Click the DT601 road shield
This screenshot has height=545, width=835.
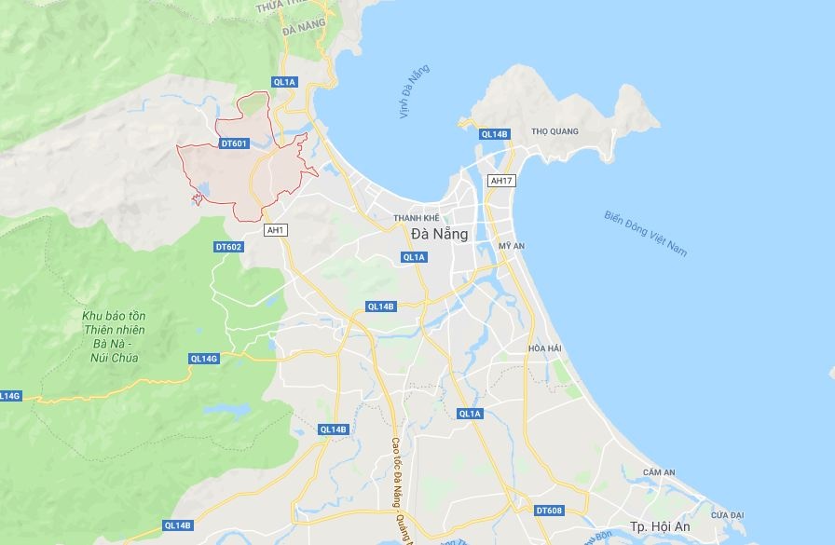(x=233, y=143)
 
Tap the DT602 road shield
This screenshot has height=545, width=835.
(x=228, y=247)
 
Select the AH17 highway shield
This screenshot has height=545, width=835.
(x=500, y=180)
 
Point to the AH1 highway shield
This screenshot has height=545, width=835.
(x=275, y=230)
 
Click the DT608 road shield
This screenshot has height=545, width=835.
(x=549, y=511)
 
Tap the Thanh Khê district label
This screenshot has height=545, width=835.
(x=416, y=217)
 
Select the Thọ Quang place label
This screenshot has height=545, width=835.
(x=554, y=131)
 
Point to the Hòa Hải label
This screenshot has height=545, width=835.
(x=545, y=348)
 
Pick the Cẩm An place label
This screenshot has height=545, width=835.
(x=658, y=472)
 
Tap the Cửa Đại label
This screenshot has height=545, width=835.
(x=727, y=514)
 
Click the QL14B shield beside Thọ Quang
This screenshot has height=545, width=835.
(x=494, y=134)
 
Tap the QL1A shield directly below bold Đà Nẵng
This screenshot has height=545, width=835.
(x=414, y=257)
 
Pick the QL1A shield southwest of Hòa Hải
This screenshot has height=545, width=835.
(x=470, y=413)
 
